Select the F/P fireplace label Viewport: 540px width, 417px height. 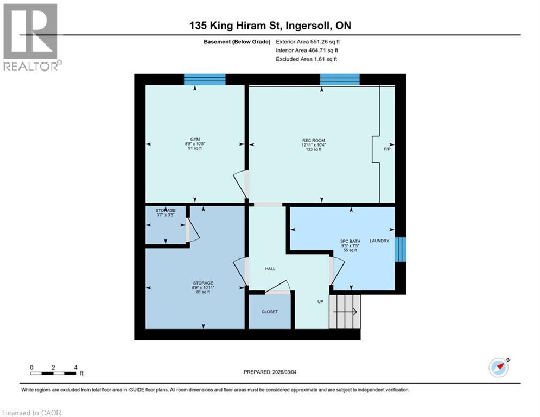[x=387, y=149]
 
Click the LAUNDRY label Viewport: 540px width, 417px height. [x=379, y=241]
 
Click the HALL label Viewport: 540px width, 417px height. [x=270, y=269]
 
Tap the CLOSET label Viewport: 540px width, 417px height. [x=270, y=312]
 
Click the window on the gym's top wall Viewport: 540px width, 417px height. [x=205, y=79]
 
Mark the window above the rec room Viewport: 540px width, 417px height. [x=340, y=79]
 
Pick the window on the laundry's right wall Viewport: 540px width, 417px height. [x=400, y=249]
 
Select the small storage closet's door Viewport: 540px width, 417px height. [x=192, y=231]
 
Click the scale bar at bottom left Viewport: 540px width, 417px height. [x=53, y=372]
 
